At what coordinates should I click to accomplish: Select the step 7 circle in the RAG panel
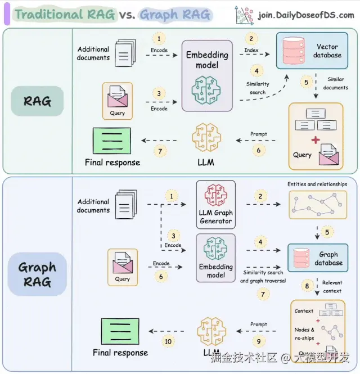[x=160, y=152]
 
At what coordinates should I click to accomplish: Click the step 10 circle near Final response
[x=168, y=341]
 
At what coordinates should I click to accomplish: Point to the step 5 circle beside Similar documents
[x=307, y=82]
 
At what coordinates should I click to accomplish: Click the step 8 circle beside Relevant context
[x=307, y=286]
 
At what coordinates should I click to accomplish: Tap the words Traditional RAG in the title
[x=65, y=15]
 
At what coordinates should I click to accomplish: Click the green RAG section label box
[x=37, y=101]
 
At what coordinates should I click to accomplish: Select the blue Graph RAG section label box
[x=37, y=275]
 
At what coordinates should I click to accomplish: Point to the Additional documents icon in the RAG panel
[x=125, y=54]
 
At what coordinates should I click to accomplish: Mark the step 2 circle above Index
[x=251, y=39]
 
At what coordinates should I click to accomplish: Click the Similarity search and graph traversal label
[x=263, y=276]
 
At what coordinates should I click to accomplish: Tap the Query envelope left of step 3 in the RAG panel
[x=118, y=98]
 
